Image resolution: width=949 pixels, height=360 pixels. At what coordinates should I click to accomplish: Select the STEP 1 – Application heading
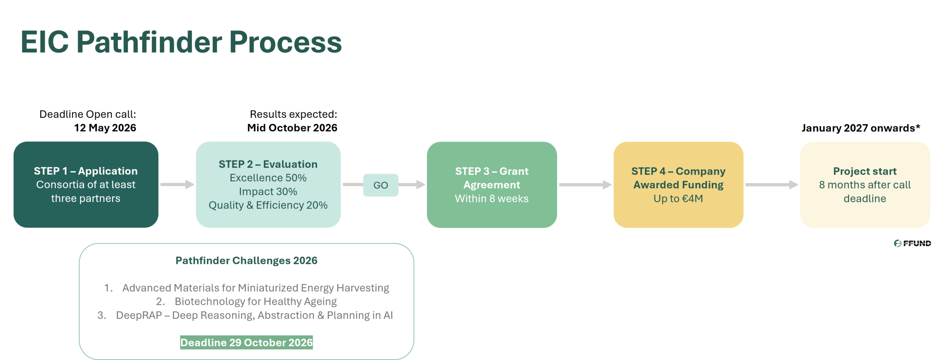86,171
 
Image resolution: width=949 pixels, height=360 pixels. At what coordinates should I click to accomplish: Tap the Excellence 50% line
268,178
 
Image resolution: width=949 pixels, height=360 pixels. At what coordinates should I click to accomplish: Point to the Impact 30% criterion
268,192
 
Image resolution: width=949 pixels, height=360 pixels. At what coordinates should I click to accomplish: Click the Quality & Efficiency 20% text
268,205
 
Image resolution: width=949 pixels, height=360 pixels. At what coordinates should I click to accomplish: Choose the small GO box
381,185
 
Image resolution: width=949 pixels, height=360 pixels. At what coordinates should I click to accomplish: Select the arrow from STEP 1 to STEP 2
177,184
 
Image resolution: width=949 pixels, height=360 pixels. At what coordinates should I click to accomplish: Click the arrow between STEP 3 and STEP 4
585,184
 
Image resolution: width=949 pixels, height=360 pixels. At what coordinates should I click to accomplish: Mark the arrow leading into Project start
771,184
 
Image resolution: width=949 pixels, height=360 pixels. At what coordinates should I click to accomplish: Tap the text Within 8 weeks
492,199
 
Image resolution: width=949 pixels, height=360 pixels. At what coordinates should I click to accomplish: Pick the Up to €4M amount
678,199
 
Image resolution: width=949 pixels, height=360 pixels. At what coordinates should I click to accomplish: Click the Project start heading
865,171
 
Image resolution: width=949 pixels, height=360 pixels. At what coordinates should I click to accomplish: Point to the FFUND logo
912,244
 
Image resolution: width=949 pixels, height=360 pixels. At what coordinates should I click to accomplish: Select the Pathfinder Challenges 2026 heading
247,261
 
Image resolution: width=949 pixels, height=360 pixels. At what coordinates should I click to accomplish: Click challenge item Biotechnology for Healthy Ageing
255,301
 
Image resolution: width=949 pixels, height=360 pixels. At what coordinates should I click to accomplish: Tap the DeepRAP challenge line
254,315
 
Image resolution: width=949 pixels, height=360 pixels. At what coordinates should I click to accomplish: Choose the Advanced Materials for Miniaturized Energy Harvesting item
255,288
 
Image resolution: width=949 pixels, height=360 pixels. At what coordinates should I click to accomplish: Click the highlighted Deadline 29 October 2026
247,343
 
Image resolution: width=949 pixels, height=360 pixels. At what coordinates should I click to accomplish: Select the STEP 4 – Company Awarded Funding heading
678,178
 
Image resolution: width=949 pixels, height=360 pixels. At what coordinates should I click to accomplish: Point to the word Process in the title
285,42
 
